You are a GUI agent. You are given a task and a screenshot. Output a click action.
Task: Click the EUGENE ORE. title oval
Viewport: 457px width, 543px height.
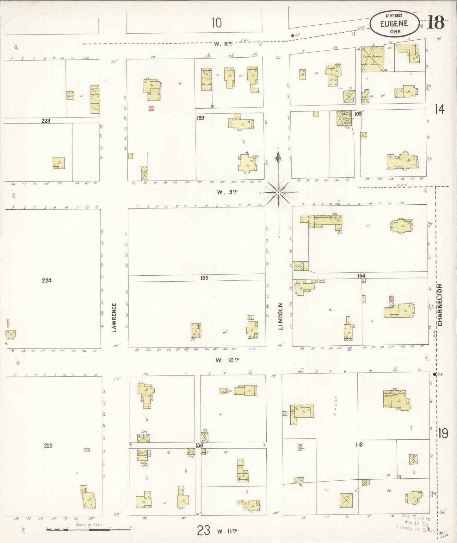point(394,23)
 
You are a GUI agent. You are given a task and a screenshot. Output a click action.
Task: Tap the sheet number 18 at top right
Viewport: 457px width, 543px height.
point(436,23)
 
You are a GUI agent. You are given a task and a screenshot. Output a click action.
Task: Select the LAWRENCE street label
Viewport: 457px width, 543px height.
point(114,318)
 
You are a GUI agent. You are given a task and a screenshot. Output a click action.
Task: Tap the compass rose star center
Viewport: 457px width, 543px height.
point(278,192)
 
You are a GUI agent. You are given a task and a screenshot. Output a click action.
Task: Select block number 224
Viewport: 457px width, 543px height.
point(46,280)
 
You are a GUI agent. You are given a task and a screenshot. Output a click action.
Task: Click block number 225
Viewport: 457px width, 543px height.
point(48,445)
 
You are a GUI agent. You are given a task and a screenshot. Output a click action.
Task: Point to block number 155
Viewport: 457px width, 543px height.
point(204,278)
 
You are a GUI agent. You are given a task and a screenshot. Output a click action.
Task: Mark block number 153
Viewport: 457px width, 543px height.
point(200,118)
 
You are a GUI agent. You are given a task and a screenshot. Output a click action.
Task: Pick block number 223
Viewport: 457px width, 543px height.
point(46,120)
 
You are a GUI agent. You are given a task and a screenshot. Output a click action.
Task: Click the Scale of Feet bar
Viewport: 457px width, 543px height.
point(89,529)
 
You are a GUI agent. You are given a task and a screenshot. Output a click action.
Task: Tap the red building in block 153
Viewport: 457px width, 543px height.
point(151,108)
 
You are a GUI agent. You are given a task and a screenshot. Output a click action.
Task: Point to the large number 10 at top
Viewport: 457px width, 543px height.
point(217,23)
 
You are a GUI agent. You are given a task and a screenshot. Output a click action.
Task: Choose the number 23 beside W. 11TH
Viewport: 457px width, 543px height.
point(203,530)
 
